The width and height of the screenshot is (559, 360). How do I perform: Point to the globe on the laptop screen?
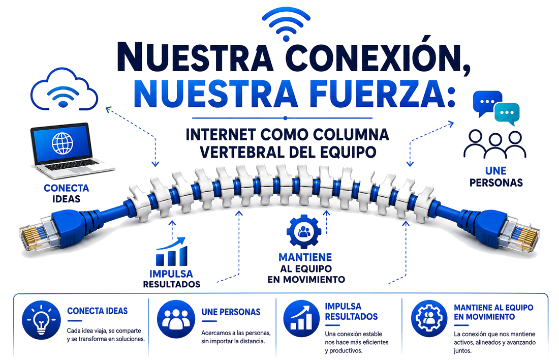tap(63, 143)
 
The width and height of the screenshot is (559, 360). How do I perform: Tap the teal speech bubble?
tap(507, 113)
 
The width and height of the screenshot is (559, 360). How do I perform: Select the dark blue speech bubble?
tap(487, 102)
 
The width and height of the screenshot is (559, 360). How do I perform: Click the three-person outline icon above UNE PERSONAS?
tap(495, 144)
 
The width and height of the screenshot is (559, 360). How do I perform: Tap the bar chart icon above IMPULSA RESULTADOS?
tap(171, 252)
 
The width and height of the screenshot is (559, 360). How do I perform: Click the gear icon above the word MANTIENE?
tap(304, 231)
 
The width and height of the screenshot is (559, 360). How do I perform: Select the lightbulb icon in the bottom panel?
tap(41, 319)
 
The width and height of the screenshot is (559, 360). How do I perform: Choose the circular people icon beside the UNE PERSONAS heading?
tap(176, 319)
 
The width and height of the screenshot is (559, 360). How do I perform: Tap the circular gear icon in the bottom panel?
tap(429, 318)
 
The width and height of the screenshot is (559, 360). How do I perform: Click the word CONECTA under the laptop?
tap(66, 188)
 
